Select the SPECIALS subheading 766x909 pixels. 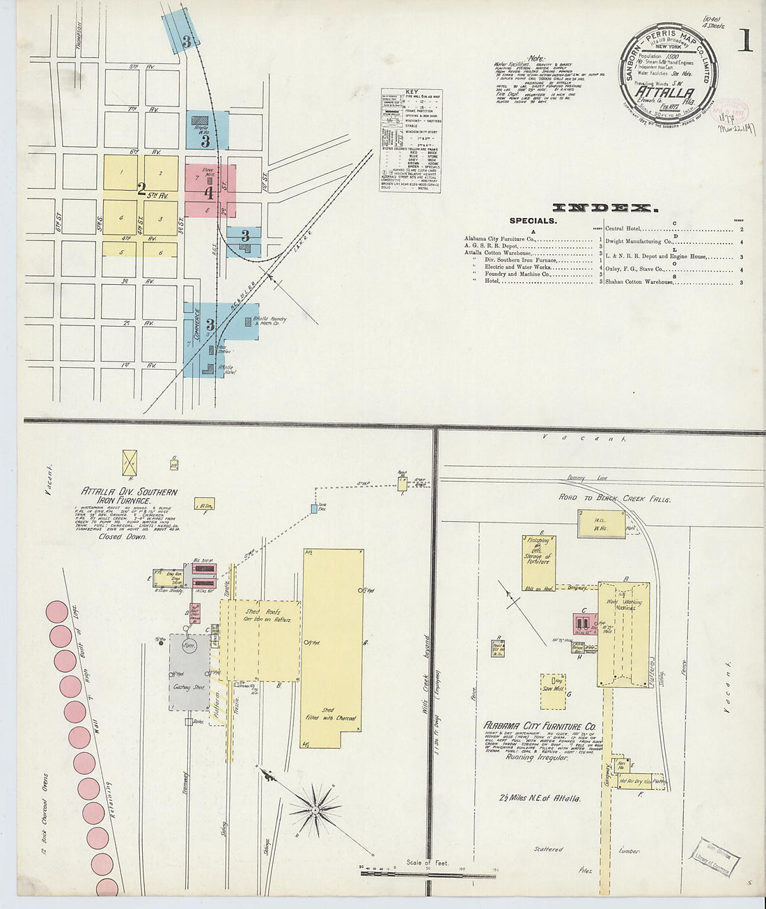click(533, 221)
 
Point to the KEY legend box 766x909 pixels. click(411, 140)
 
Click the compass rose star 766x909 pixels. click(315, 810)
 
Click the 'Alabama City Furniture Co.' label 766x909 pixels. click(540, 726)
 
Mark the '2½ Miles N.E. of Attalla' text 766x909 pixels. click(540, 799)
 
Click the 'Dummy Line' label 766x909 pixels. click(593, 479)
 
